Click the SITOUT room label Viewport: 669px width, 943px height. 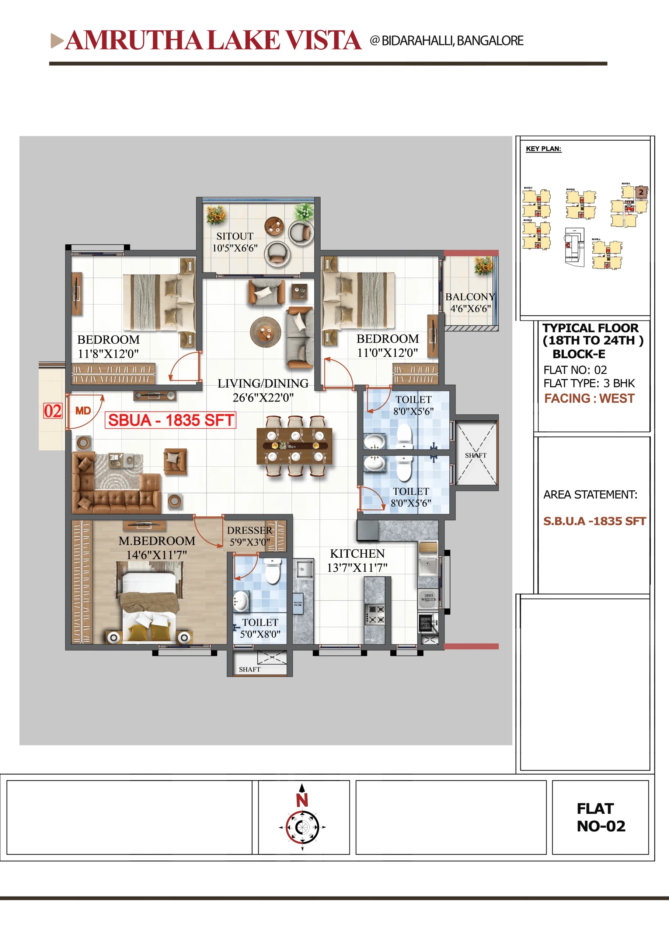[x=234, y=236]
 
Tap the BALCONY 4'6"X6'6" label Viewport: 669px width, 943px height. [x=470, y=302]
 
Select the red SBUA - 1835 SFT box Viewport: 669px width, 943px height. [x=171, y=420]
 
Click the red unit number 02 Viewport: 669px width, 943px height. [x=53, y=411]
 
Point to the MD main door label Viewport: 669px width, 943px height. [x=83, y=411]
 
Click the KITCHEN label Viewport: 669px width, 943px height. [x=357, y=554]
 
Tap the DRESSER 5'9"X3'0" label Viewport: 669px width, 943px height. [x=250, y=536]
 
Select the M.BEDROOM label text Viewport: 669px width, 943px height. [x=157, y=541]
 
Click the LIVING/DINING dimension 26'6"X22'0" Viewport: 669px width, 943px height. [x=263, y=397]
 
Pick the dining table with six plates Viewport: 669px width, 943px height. [x=294, y=446]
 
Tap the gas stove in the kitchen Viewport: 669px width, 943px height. [x=376, y=614]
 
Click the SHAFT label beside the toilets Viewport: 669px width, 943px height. [x=475, y=455]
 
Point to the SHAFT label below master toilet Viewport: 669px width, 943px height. [x=249, y=669]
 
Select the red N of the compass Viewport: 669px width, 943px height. [x=302, y=800]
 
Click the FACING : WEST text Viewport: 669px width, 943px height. [x=589, y=398]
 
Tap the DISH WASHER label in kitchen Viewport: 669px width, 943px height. [x=428, y=597]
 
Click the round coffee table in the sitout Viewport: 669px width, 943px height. [x=274, y=226]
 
